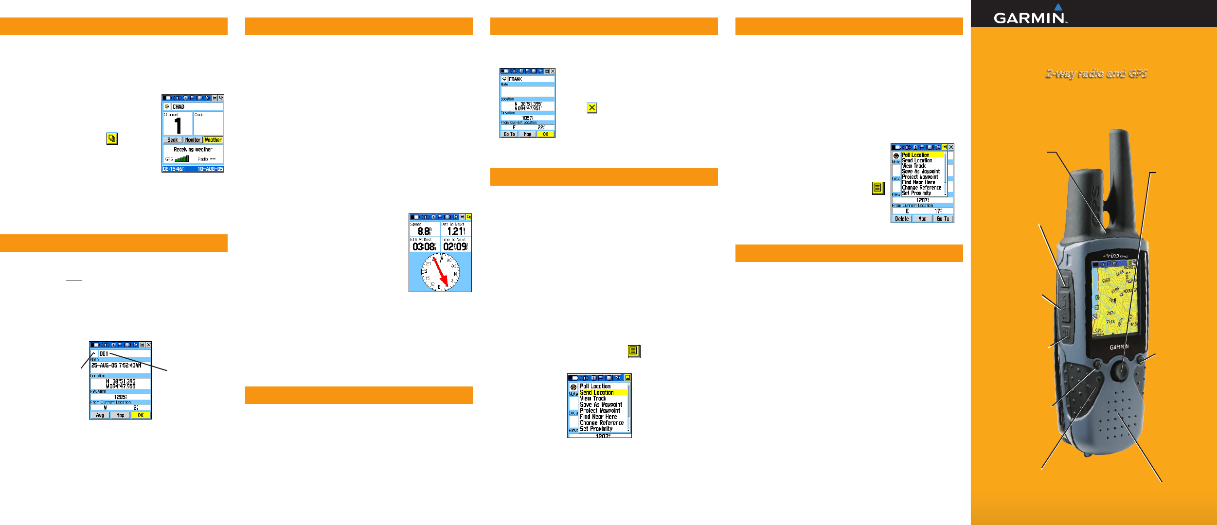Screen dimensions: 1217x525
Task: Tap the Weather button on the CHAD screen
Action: [213, 140]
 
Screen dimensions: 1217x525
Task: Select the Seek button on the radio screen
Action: [173, 140]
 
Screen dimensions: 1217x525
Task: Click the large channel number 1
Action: [178, 125]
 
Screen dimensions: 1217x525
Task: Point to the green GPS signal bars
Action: [182, 158]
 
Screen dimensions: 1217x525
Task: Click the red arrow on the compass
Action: [440, 272]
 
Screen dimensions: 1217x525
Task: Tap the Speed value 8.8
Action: [424, 231]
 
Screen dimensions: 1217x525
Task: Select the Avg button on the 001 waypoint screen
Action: [100, 415]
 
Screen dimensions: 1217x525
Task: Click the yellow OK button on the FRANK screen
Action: [545, 134]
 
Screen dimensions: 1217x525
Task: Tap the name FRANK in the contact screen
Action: [516, 79]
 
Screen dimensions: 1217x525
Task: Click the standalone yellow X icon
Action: [592, 108]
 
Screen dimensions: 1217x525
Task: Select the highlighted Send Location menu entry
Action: [597, 392]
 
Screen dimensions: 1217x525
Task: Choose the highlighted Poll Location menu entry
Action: [915, 155]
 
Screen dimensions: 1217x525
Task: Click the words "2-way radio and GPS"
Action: [1096, 73]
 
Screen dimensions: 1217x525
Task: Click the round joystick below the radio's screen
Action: [1120, 370]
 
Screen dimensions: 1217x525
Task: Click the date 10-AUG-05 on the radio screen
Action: [210, 169]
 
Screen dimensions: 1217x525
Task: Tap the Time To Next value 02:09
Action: [455, 247]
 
